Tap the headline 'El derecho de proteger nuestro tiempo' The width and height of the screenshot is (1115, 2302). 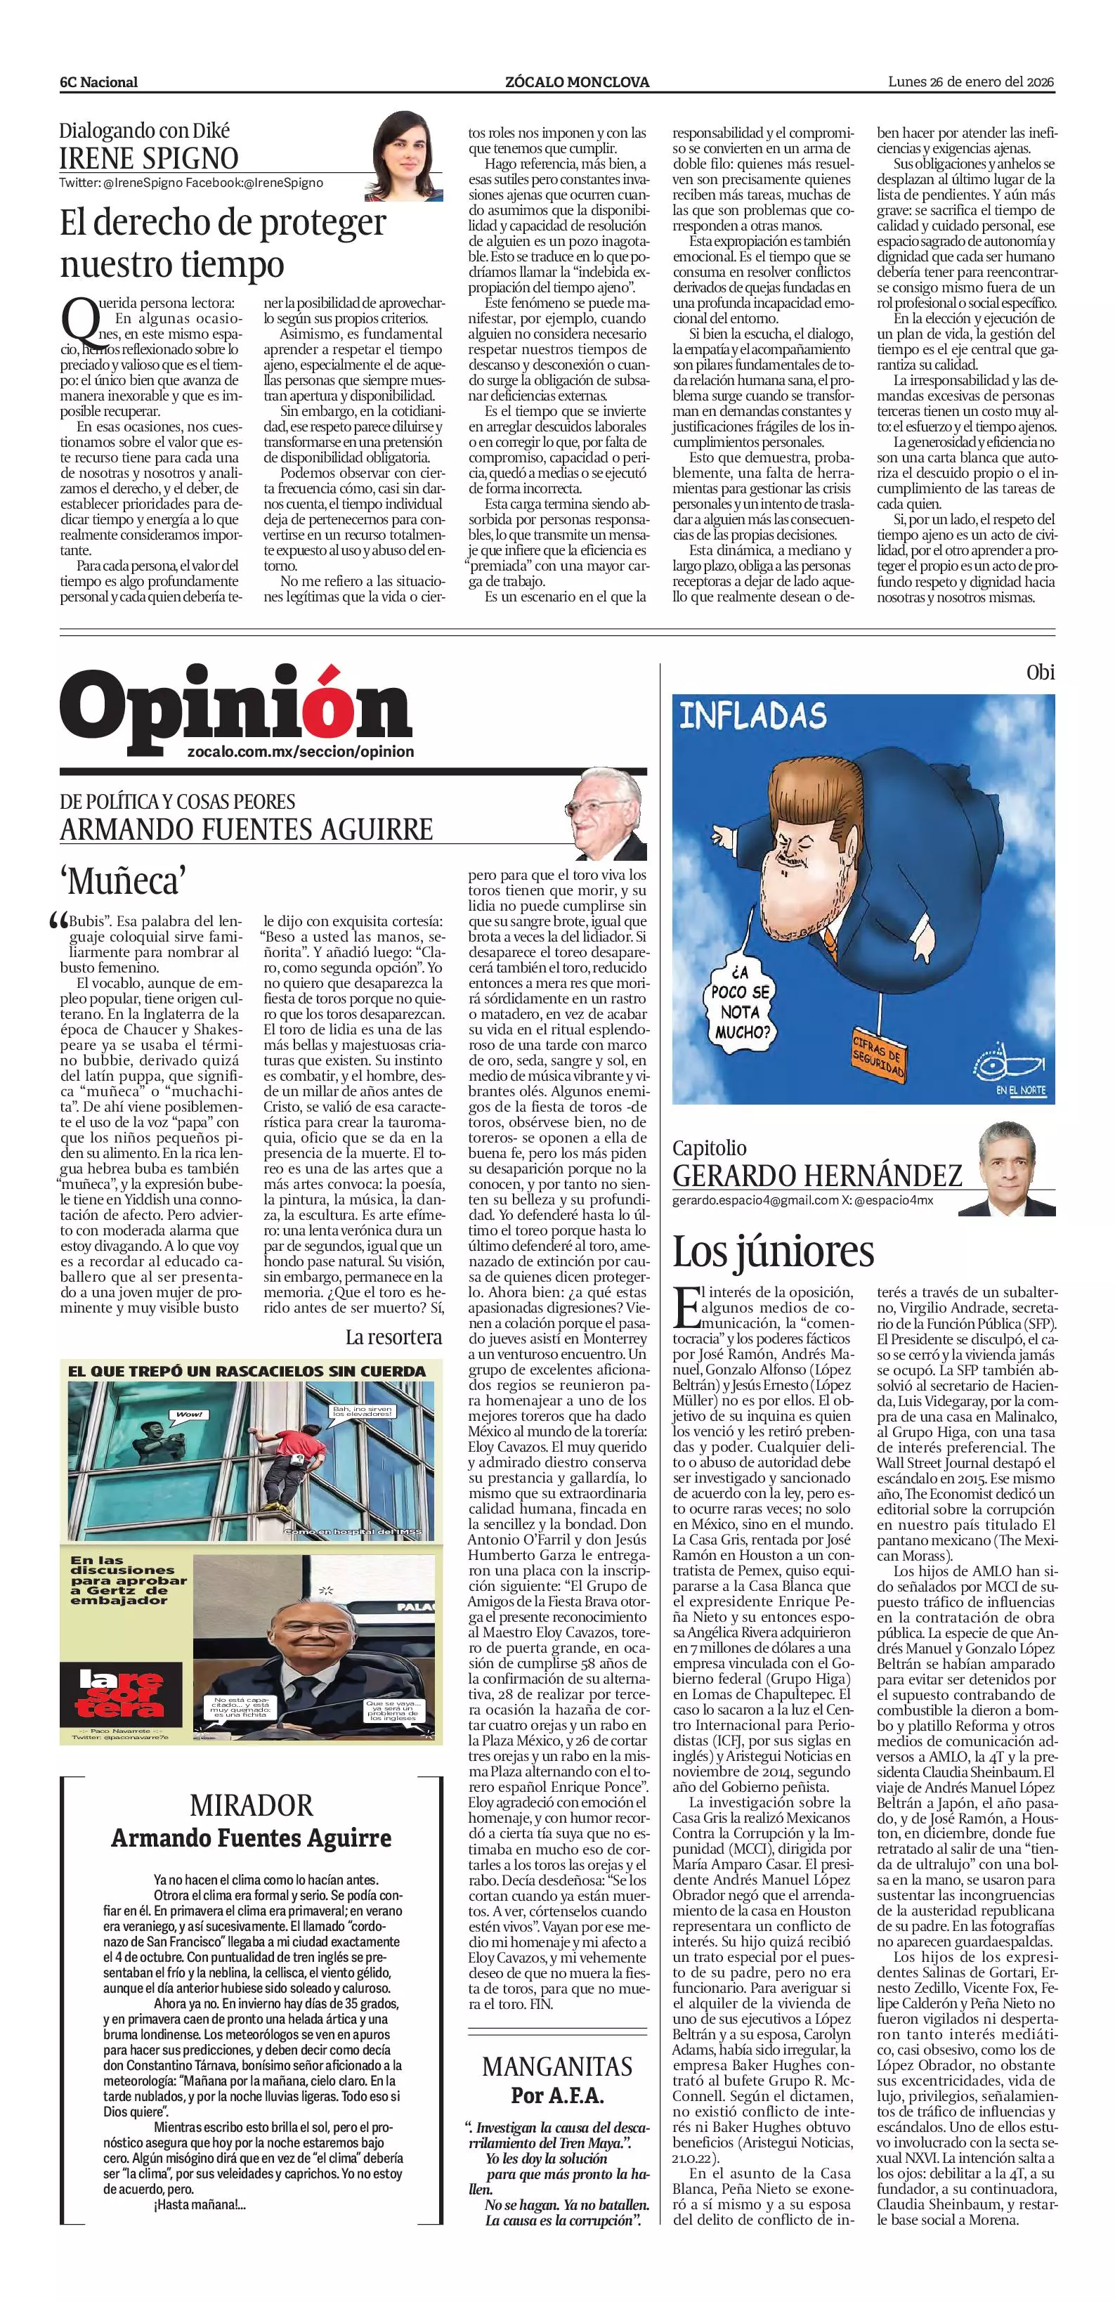pyautogui.click(x=223, y=243)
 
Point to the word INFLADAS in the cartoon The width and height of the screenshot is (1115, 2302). pyautogui.click(x=753, y=716)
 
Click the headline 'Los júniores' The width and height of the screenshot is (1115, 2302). pyautogui.click(x=773, y=1250)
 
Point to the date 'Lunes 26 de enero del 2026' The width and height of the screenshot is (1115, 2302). pyautogui.click(x=971, y=82)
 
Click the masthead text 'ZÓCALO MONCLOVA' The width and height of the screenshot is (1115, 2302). pyautogui.click(x=577, y=82)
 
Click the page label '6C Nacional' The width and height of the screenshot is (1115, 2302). pyautogui.click(x=99, y=82)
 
